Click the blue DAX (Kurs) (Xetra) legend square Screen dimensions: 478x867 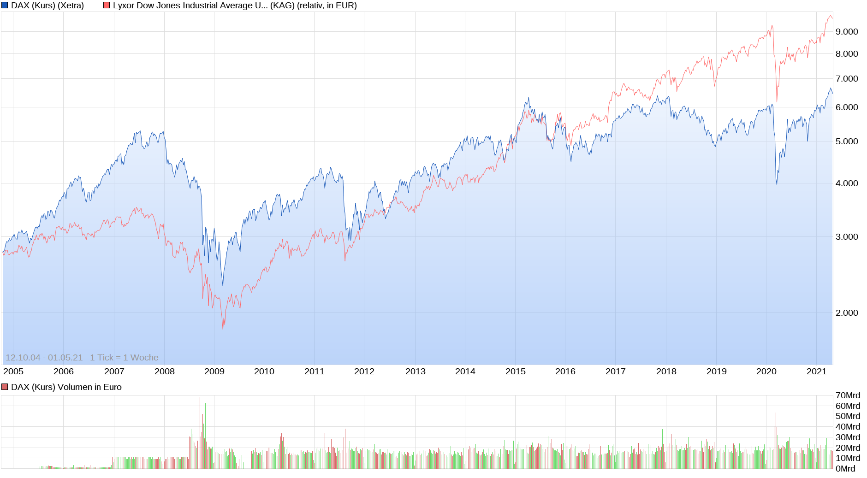coord(5,6)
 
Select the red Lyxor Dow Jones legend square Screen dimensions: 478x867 coord(107,6)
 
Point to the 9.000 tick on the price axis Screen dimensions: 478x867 coord(847,32)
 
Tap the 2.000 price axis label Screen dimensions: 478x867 coord(847,313)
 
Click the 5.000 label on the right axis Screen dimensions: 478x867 coord(847,142)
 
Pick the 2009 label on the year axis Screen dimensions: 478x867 coord(214,372)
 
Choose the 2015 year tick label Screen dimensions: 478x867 coord(515,372)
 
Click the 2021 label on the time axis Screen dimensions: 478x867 coord(816,372)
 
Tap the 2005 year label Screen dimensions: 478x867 coord(13,372)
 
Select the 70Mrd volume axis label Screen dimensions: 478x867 coord(848,395)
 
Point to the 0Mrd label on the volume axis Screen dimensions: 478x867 coord(845,469)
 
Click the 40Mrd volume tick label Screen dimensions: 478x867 coord(848,427)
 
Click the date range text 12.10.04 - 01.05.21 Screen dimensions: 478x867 coord(44,358)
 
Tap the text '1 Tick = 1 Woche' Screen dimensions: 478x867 coord(124,358)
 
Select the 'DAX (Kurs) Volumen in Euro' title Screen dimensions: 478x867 coord(66,387)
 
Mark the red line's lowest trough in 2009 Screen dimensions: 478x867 coord(223,328)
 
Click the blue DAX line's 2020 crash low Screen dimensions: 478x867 coord(777,184)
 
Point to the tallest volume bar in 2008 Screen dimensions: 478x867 coord(200,398)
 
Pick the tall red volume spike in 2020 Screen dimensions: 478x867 coord(776,414)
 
